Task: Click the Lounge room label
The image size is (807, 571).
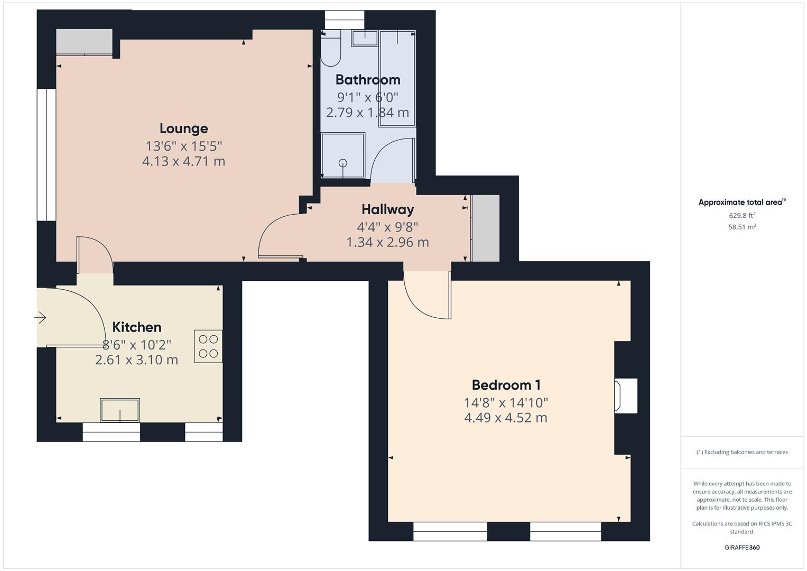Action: (x=183, y=128)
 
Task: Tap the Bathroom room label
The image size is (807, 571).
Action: (x=368, y=80)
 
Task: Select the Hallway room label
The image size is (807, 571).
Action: (x=387, y=209)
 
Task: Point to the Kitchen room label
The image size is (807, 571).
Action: (x=136, y=327)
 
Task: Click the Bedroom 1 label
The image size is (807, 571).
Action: (x=506, y=385)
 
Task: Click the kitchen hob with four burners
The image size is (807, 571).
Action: (x=208, y=346)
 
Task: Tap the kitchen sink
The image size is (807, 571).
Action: (x=120, y=410)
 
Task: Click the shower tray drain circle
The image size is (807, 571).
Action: (x=343, y=163)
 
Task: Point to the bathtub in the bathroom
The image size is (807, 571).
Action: (x=397, y=78)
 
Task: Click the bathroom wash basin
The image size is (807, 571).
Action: (x=365, y=38)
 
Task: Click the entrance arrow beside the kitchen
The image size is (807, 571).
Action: (x=40, y=318)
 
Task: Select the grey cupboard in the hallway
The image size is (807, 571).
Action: (x=485, y=228)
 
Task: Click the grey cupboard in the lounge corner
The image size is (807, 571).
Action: (x=84, y=41)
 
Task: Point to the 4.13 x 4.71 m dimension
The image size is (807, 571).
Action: (x=183, y=161)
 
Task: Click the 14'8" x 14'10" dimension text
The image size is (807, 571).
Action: (x=506, y=403)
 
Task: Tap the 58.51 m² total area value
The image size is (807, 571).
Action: (x=741, y=227)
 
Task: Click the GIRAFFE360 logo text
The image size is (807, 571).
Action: (x=741, y=547)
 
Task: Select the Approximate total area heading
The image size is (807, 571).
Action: (x=741, y=202)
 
